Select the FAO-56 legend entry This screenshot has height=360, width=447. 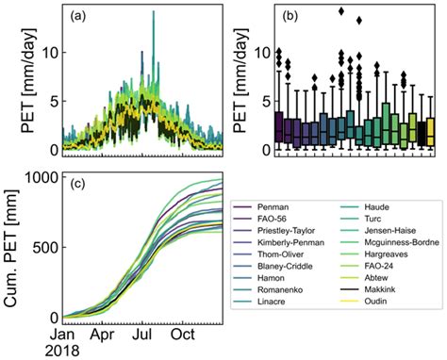click(283, 202)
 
